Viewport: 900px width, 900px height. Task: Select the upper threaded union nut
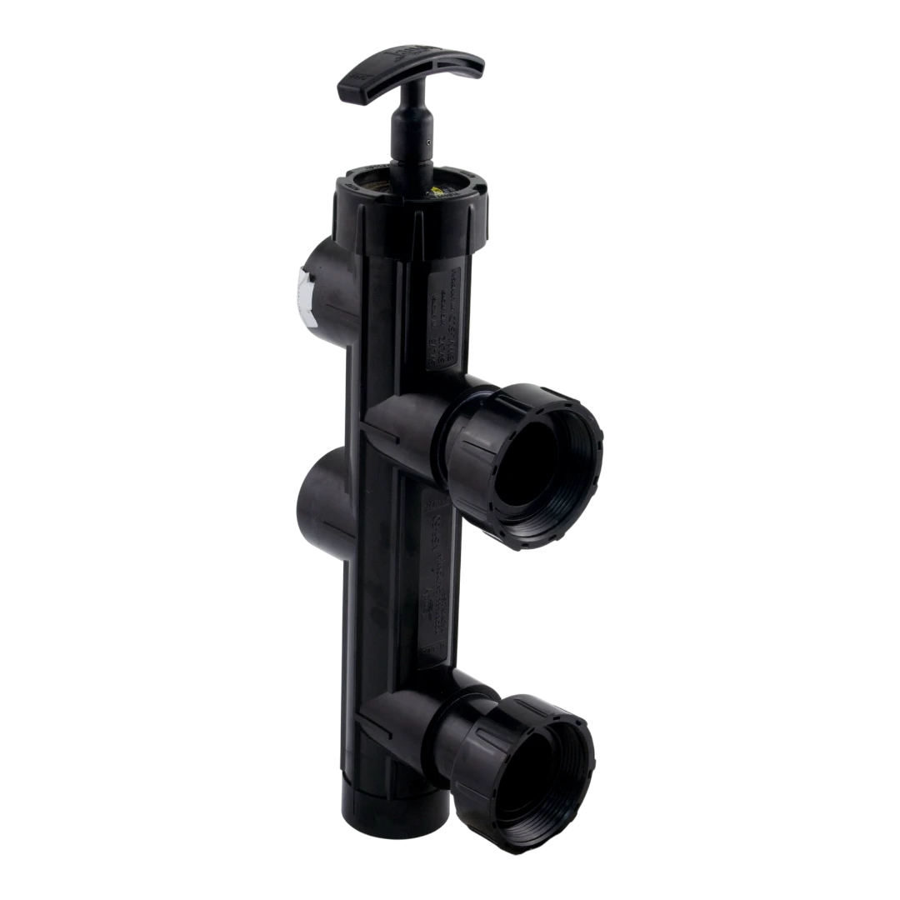click(533, 458)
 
